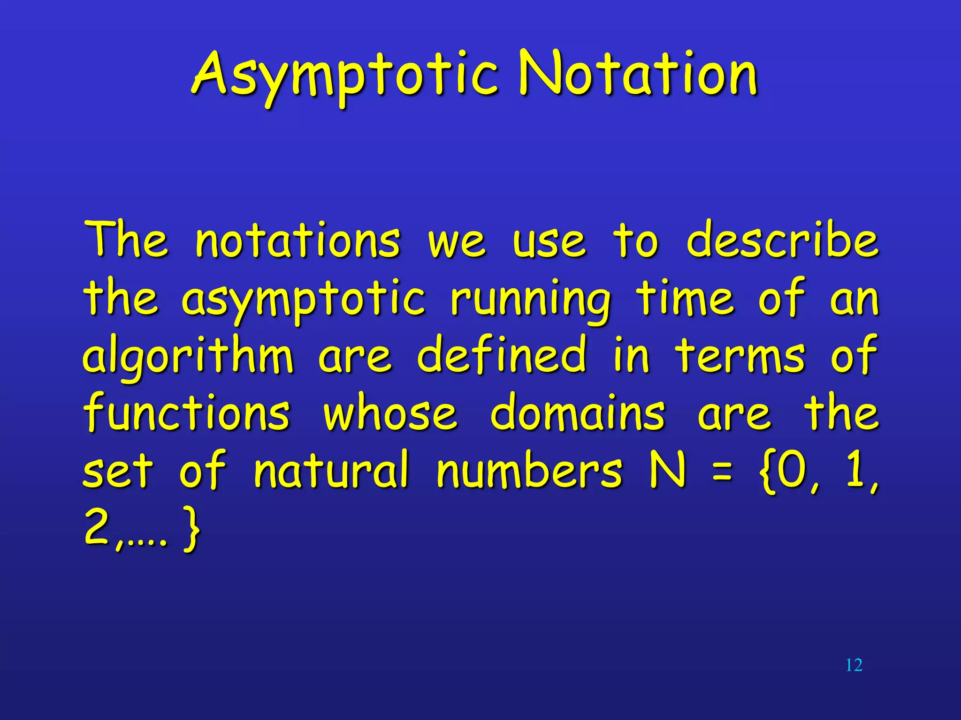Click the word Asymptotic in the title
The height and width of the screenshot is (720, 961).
pos(345,75)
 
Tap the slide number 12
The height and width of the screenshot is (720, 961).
pos(854,665)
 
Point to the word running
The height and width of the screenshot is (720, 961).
pos(530,300)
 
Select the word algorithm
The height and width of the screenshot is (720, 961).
pos(188,356)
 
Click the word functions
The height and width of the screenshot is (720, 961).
pos(187,412)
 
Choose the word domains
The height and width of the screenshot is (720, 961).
pos(578,412)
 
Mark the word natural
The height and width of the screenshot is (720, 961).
pos(331,470)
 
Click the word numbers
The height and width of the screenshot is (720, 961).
pos(529,470)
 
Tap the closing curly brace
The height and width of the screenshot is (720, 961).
pos(191,530)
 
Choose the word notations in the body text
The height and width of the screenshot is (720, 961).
pos(297,241)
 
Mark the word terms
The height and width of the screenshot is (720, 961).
pos(740,356)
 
